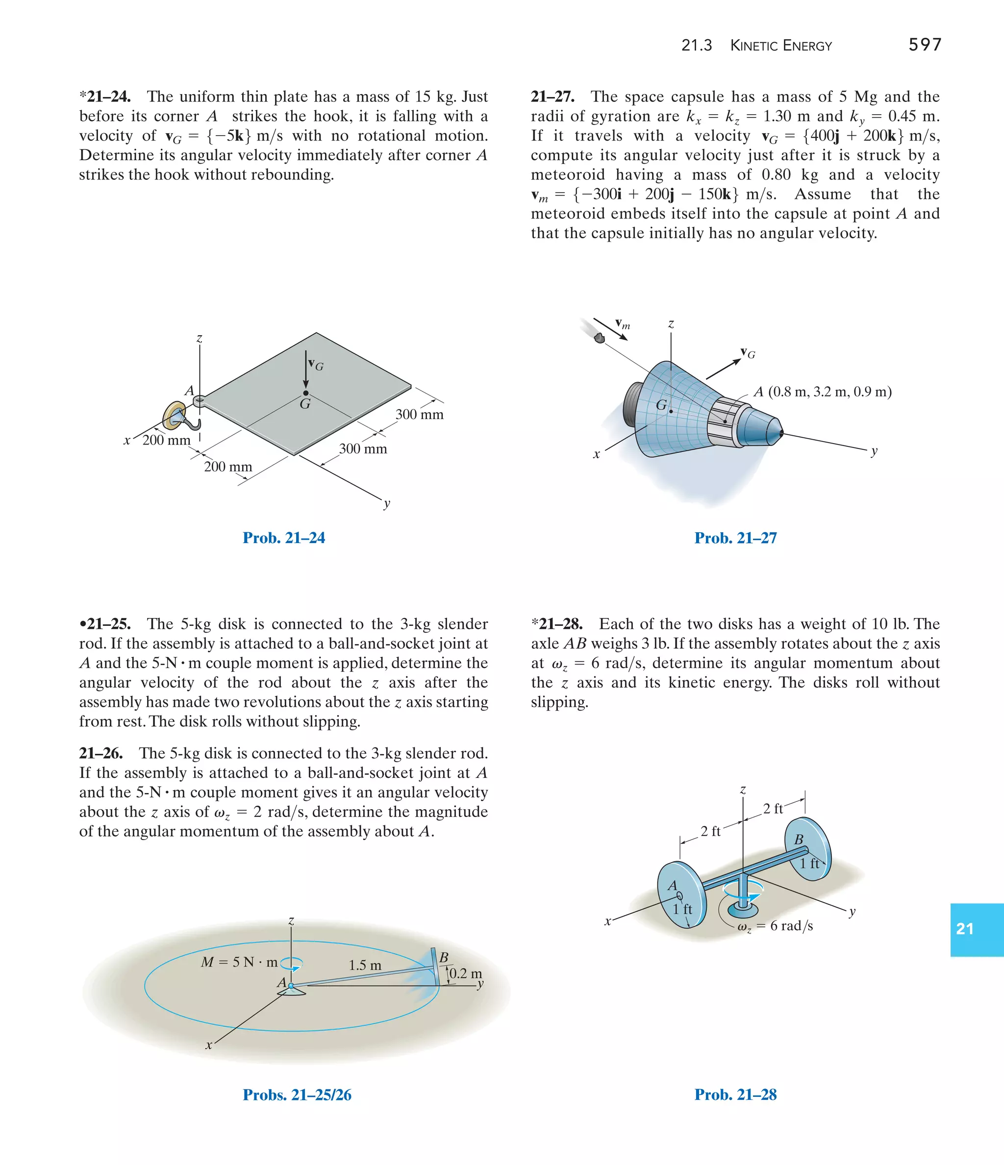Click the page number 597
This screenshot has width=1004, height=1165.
click(925, 45)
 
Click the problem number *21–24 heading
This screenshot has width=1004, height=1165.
click(105, 97)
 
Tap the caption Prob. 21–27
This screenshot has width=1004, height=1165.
click(735, 538)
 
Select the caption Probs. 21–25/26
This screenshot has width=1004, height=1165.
click(297, 1095)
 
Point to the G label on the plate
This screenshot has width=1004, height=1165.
click(305, 404)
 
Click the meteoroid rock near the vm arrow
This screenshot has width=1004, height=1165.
click(600, 338)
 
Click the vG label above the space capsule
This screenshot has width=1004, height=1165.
click(748, 353)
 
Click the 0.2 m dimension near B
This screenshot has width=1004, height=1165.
click(465, 973)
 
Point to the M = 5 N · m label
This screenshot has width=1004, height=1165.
click(239, 962)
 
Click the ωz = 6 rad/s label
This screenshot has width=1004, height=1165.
click(775, 926)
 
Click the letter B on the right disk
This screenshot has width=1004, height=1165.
click(799, 840)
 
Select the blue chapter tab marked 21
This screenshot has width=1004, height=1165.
click(976, 929)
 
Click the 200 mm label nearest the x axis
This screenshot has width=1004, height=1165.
click(167, 440)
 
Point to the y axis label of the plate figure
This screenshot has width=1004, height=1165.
click(387, 503)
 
